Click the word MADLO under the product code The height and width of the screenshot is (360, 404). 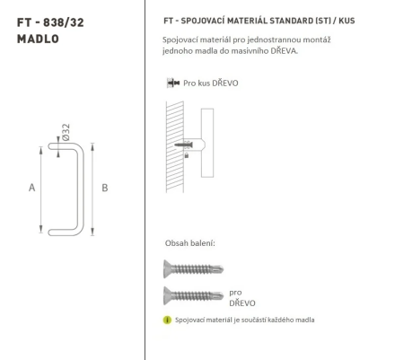pyautogui.click(x=33, y=37)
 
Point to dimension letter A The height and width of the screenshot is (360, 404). pyautogui.click(x=31, y=188)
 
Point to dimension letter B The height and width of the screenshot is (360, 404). pyautogui.click(x=105, y=188)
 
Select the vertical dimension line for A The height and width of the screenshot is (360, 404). pyautogui.click(x=44, y=189)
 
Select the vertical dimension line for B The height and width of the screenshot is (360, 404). pyautogui.click(x=94, y=189)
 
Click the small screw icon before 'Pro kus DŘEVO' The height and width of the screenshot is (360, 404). pyautogui.click(x=171, y=83)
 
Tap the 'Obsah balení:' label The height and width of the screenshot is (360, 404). pyautogui.click(x=189, y=243)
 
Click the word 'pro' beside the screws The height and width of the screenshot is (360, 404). pyautogui.click(x=236, y=292)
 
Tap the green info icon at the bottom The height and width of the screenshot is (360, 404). pyautogui.click(x=167, y=320)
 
